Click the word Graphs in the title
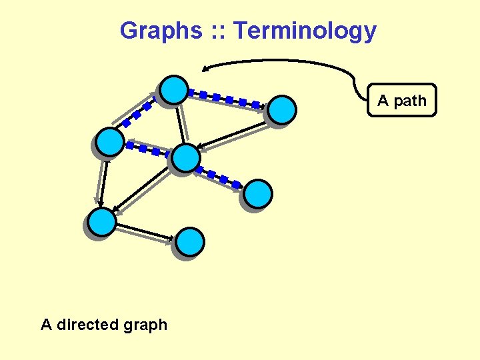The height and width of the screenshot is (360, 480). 159,31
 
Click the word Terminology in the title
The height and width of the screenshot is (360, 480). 305,31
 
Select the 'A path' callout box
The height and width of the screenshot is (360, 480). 402,101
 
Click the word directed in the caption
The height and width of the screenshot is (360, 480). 88,325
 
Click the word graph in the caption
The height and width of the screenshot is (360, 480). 144,325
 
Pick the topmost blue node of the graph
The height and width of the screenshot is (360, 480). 174,90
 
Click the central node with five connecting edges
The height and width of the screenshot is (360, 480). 185,158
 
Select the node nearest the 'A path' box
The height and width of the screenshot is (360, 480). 283,109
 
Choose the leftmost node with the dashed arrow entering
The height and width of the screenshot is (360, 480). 110,142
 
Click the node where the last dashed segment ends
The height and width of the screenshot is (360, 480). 258,194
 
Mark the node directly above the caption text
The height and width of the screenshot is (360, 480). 103,222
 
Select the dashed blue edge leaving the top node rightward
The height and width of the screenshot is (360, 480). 227,99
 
